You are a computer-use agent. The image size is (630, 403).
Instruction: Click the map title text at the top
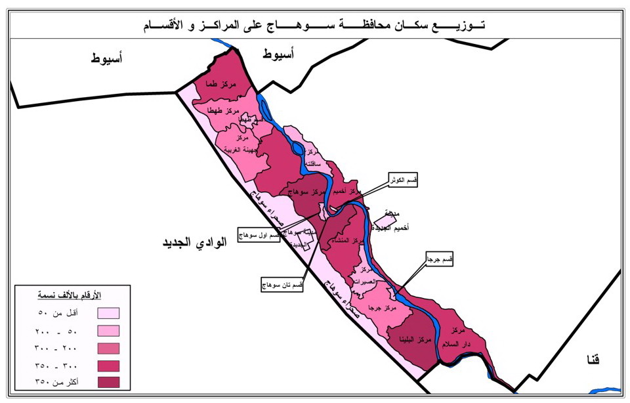click(x=314, y=26)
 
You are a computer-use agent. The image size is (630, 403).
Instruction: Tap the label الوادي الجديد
click(x=194, y=242)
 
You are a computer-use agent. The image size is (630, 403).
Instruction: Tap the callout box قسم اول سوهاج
click(x=259, y=236)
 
